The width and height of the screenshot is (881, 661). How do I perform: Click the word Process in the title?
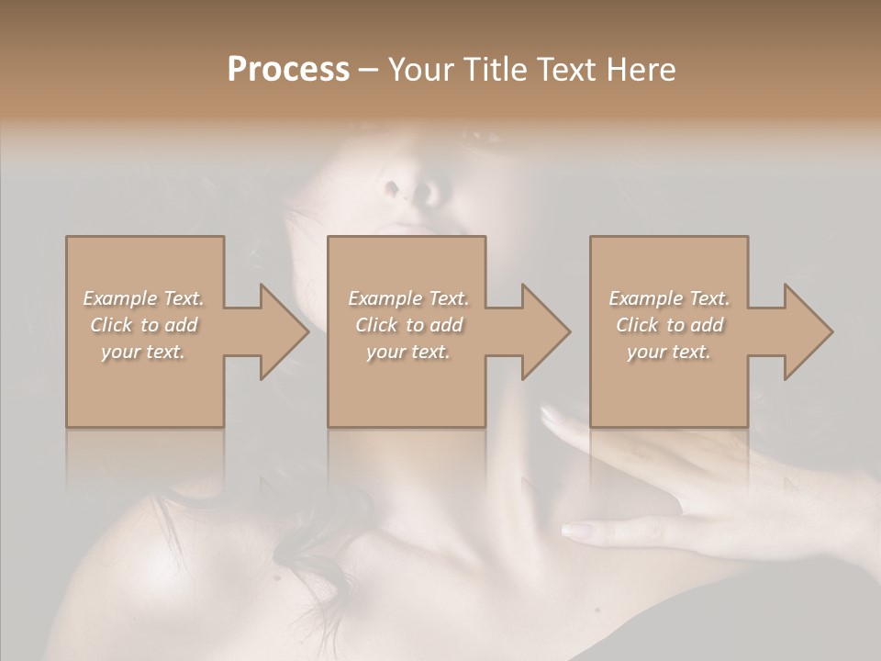coord(288,70)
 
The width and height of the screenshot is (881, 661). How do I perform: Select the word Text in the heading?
coord(566,70)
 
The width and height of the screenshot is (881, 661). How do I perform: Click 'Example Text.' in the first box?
coord(144,298)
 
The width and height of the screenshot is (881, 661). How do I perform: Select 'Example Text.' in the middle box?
coord(408,298)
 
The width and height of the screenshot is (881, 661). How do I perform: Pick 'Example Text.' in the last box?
coord(669,298)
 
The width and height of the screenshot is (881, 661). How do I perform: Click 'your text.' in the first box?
coord(143,352)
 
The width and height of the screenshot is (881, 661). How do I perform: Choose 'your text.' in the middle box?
coord(407,352)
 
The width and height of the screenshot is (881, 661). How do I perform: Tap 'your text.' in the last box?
coord(668,352)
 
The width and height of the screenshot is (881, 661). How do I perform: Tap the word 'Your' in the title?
coord(417,70)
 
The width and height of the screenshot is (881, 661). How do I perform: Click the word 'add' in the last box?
coord(706,325)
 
